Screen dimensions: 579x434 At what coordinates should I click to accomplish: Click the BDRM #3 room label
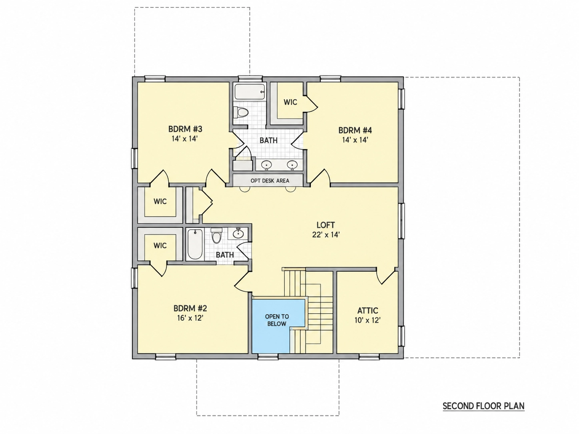(185, 129)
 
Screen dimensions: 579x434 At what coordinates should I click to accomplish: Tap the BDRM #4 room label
(355, 130)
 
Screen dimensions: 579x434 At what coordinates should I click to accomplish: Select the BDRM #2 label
(190, 308)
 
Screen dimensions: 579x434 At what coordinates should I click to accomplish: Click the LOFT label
(325, 225)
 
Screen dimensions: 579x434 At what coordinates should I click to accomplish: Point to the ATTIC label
(368, 311)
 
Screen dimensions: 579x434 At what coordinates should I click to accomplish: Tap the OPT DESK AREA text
(270, 181)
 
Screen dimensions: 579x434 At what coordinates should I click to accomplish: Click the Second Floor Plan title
(483, 406)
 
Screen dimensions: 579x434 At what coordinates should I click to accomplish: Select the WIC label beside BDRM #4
(290, 102)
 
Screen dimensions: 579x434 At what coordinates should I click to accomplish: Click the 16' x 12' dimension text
(190, 318)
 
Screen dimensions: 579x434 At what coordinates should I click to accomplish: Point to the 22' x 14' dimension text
(326, 235)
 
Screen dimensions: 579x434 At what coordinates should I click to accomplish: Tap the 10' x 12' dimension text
(367, 320)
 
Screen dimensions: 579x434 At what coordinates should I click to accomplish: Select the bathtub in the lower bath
(195, 244)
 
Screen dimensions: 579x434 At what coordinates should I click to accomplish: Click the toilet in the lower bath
(217, 235)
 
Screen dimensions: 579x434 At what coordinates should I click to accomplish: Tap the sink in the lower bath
(239, 233)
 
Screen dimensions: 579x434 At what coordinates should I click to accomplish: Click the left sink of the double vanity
(266, 165)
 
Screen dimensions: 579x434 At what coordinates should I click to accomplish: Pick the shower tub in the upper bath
(250, 92)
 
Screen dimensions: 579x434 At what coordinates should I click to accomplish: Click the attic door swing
(386, 276)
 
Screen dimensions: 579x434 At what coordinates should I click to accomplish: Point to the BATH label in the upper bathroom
(269, 140)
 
